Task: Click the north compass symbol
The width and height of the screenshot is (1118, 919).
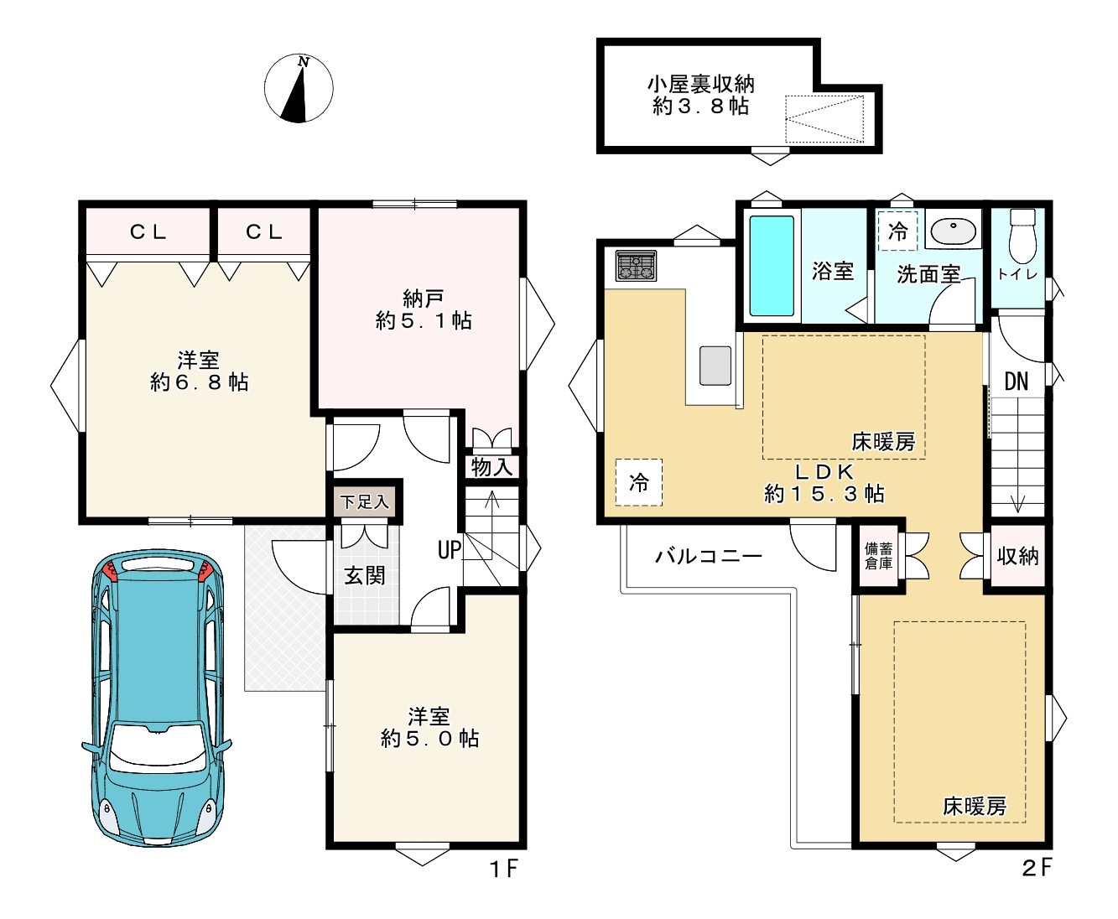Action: (x=299, y=88)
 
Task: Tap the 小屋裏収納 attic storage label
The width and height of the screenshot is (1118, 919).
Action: (x=700, y=95)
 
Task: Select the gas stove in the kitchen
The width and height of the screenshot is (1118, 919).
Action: (x=637, y=267)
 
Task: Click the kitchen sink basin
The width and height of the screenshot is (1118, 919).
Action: (x=715, y=366)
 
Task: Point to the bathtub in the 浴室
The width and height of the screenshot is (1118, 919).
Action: (x=771, y=266)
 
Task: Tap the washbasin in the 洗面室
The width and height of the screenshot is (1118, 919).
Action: (x=954, y=230)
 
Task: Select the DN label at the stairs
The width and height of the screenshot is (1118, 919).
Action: (x=1016, y=382)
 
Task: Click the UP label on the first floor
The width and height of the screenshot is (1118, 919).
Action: (x=450, y=550)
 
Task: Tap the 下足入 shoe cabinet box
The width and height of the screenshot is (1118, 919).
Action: (x=365, y=502)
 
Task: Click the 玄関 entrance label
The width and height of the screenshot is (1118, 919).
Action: (x=365, y=575)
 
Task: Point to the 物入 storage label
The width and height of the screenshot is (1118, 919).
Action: (x=491, y=467)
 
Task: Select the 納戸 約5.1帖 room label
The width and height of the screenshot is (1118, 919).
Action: (x=424, y=309)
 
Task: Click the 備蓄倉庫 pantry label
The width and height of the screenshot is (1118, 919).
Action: (x=878, y=556)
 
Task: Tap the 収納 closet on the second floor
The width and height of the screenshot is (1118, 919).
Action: (x=1017, y=556)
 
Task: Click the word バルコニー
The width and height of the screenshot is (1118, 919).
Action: (x=709, y=556)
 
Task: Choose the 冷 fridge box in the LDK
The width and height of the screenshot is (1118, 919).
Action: (x=639, y=482)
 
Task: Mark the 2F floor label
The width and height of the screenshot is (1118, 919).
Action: (x=1036, y=867)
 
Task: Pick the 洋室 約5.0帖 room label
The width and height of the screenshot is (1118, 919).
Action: (x=429, y=728)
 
